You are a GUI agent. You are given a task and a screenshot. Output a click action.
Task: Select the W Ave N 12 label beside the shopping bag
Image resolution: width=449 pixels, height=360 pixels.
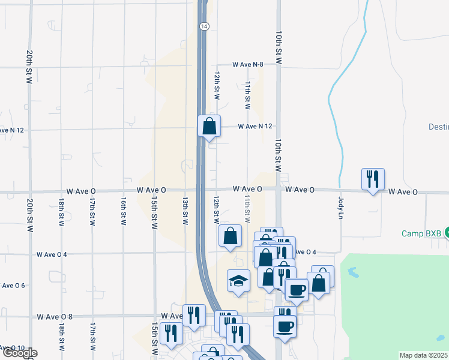tap(255, 127)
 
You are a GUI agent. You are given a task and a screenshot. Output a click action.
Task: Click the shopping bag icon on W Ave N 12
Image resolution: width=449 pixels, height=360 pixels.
tap(209, 127)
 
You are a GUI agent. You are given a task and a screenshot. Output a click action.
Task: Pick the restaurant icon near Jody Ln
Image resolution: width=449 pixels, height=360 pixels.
tap(372, 179)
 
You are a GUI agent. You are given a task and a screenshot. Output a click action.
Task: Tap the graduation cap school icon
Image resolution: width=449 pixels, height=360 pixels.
tap(238, 281)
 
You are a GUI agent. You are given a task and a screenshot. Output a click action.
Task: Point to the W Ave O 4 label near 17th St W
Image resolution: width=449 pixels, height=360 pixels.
tap(52, 254)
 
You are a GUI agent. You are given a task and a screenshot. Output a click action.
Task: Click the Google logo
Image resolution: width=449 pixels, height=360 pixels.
tap(19, 353)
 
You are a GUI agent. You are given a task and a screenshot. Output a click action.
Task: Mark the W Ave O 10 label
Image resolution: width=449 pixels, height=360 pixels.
tap(12, 348)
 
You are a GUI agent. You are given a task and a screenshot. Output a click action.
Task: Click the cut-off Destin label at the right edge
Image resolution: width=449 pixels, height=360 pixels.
tap(438, 127)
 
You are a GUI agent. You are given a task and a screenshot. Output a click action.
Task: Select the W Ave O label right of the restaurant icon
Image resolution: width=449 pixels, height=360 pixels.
tap(402, 192)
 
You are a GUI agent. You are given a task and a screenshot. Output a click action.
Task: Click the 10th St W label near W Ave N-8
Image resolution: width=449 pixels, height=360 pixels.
tap(279, 48)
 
